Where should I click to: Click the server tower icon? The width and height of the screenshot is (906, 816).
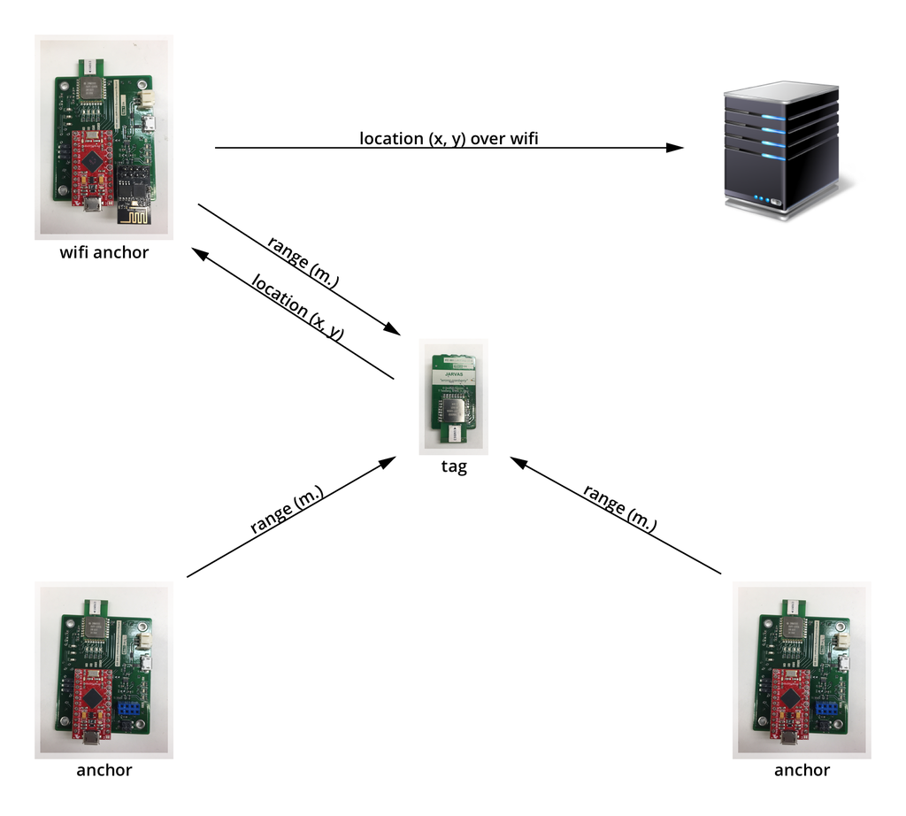coord(782,145)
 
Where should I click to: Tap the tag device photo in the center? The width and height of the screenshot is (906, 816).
coord(453,396)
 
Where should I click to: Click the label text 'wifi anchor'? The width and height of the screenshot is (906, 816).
coord(104,253)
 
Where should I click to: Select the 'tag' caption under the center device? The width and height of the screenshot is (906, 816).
coord(453,467)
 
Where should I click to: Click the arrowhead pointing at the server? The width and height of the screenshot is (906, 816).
coord(676,148)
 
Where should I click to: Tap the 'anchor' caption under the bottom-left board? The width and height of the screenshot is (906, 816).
coord(104,770)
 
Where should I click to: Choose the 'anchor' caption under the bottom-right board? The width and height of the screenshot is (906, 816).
coord(802,770)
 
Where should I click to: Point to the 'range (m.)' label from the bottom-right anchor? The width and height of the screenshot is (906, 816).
coord(620,508)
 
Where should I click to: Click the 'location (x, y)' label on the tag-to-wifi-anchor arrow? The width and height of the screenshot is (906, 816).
coord(296,305)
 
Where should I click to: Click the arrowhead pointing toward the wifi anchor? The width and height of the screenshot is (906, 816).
coord(201,254)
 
